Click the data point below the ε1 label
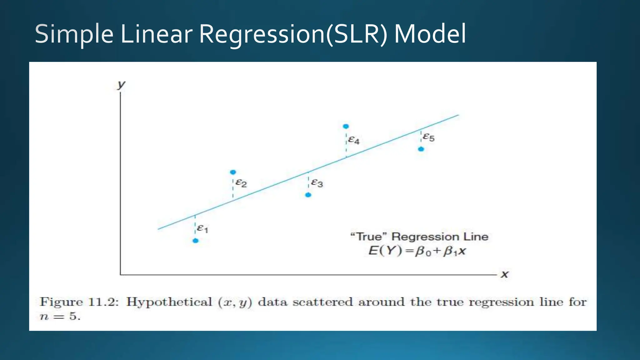(195, 241)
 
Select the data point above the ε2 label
(233, 172)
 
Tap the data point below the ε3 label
(308, 195)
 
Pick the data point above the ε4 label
(346, 126)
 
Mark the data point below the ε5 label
(421, 149)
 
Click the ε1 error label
(202, 228)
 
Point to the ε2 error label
(241, 183)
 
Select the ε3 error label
(317, 183)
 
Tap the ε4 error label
(354, 140)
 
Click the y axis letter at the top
(121, 84)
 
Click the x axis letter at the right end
(505, 274)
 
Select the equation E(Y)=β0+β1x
(417, 251)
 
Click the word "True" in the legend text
(369, 237)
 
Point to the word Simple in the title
(74, 34)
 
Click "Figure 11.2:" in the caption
(79, 302)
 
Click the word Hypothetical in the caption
(169, 302)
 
